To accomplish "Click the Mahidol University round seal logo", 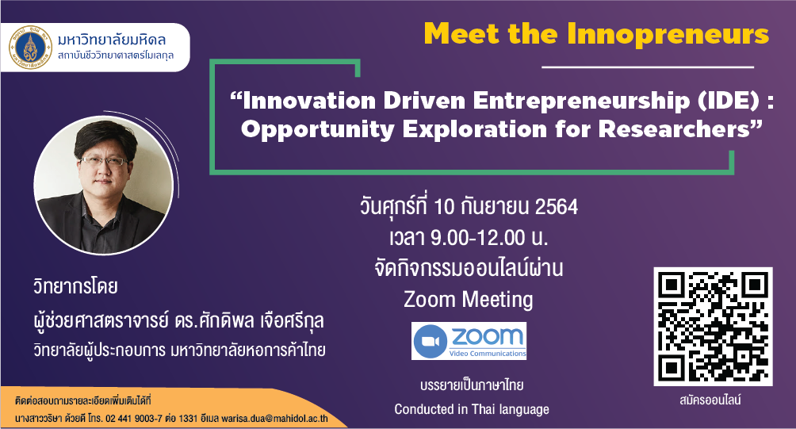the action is click(31, 48).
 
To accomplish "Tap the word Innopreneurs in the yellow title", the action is click(668, 35).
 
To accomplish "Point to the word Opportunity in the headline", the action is click(317, 129).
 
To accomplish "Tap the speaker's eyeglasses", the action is click(104, 162).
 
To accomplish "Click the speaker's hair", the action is click(105, 138).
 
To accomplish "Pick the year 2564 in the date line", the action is click(557, 207).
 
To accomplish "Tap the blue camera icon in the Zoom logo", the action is click(431, 341).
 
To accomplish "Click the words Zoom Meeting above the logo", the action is click(468, 300).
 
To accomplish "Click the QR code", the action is click(713, 327).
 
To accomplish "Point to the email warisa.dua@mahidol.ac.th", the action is click(274, 419).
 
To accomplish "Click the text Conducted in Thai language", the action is click(472, 409).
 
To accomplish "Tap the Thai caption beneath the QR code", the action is click(710, 400).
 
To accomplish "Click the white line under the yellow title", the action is click(648, 67).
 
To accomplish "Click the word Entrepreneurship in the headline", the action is click(581, 101).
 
